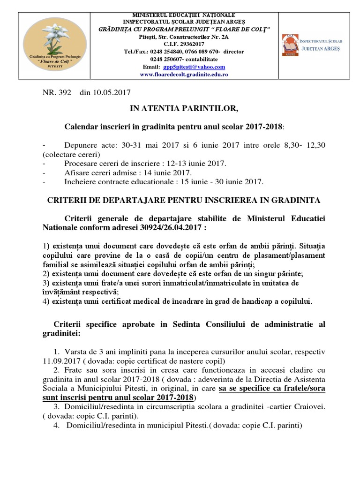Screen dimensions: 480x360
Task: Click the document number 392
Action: tap(65, 93)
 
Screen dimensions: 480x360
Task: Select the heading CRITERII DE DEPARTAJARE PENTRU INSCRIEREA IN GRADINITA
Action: tap(184, 200)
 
